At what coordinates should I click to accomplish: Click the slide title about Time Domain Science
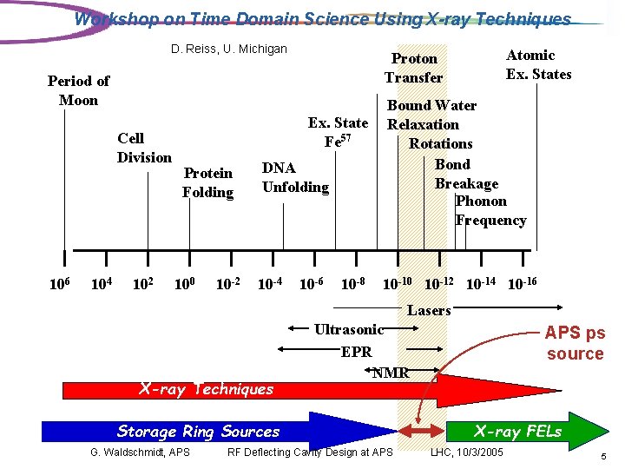coord(323,19)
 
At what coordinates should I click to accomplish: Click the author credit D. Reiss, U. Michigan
coord(229,49)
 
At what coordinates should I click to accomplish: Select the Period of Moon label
coord(78,90)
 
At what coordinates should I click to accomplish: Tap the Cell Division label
coord(144,148)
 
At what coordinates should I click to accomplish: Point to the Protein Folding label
coord(207,182)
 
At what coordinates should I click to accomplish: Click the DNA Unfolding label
coord(295,177)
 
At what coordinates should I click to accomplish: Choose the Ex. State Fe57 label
coord(338,131)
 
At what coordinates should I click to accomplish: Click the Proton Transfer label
coord(414,68)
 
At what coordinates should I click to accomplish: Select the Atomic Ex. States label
coord(538,64)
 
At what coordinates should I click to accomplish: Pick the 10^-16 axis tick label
coord(521,283)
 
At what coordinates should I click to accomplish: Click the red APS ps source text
coord(575,343)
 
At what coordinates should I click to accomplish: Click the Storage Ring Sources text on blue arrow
coord(199,432)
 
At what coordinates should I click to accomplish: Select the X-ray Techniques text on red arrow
coord(206,389)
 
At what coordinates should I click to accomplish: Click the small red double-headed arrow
coord(419,432)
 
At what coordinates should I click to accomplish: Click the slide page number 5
coord(602,455)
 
